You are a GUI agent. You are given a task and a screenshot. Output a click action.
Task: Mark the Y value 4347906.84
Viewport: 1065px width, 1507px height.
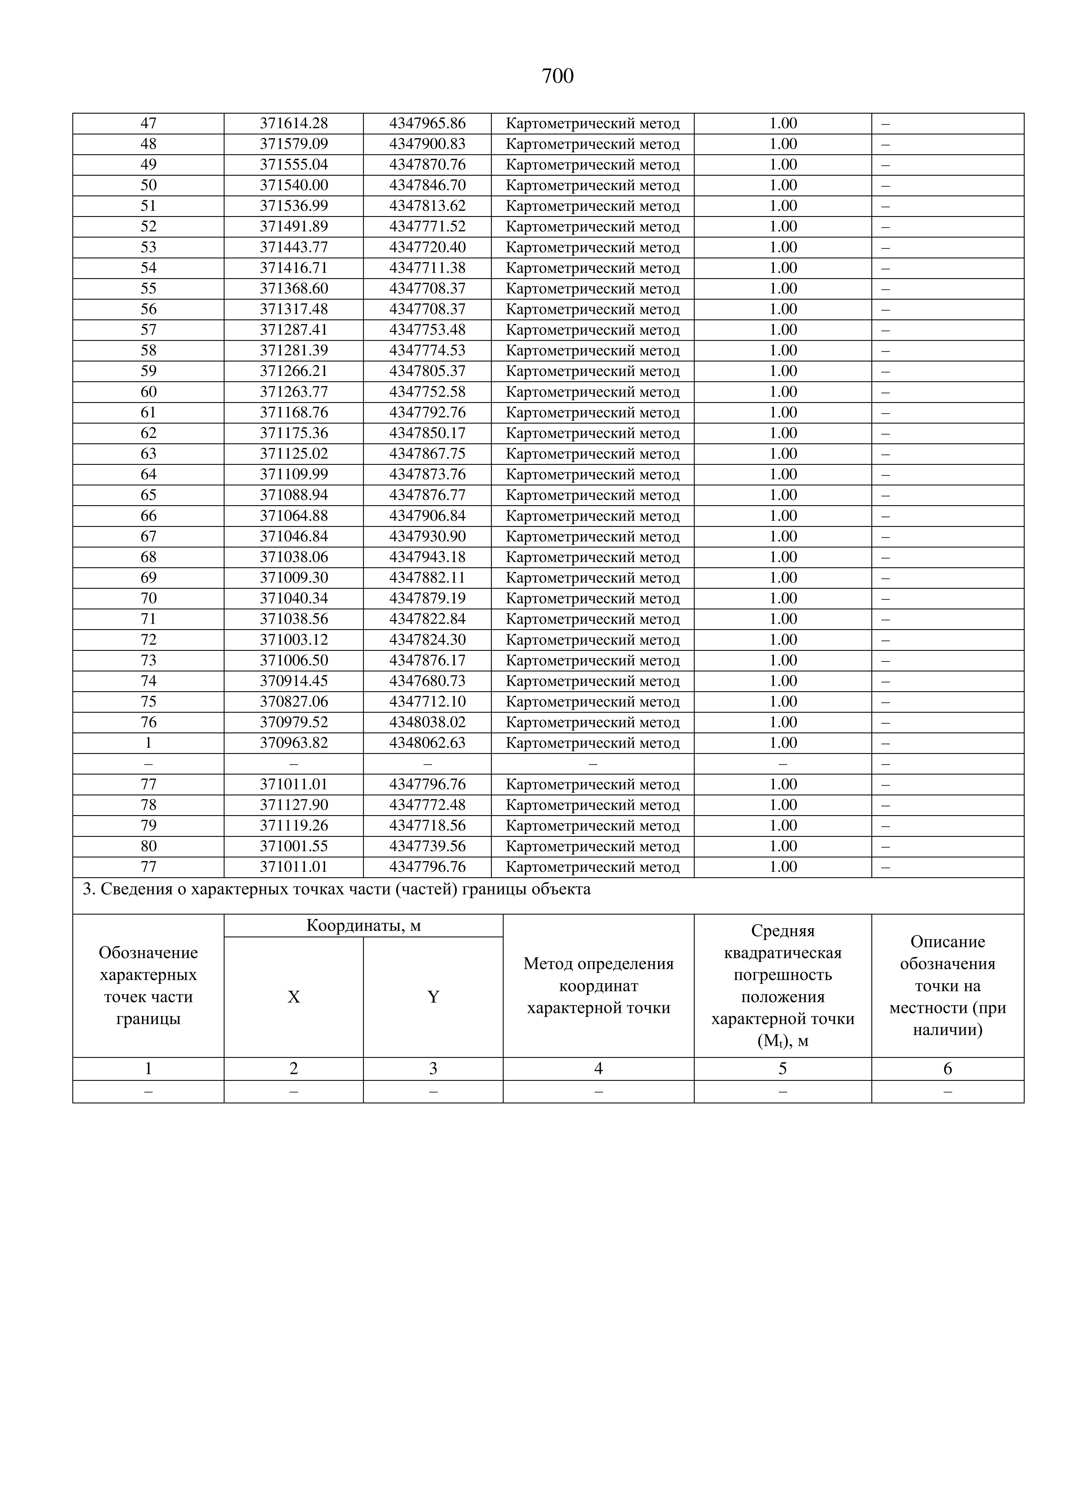(427, 516)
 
